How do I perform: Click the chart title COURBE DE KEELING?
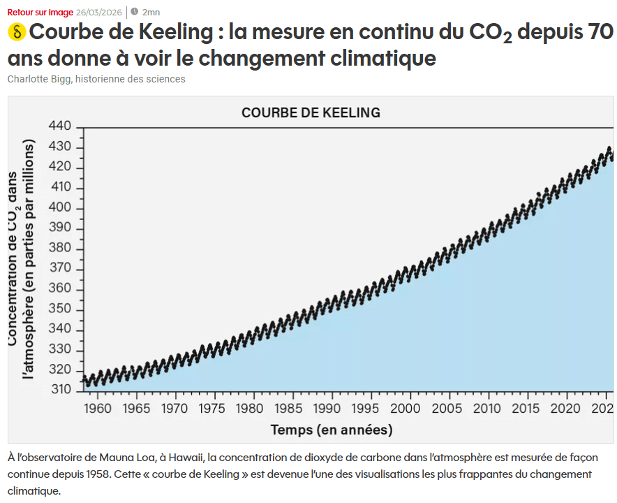(311, 112)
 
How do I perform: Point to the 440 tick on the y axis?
(61, 126)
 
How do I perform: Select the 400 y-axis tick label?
(61, 208)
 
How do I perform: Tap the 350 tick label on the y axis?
(61, 310)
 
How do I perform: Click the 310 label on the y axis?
(61, 390)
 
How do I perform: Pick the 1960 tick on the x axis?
(97, 408)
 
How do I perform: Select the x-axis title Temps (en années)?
(332, 430)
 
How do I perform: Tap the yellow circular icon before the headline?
(17, 32)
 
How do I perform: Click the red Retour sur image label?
(40, 12)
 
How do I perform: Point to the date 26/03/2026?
(100, 12)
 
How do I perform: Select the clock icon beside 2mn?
(134, 12)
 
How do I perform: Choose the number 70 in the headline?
(597, 33)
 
